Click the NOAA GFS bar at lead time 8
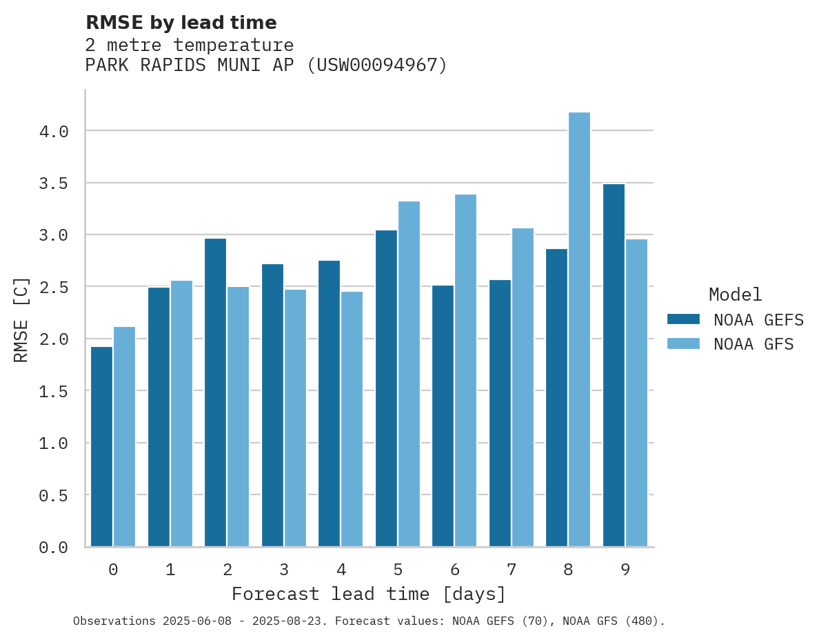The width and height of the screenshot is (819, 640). click(579, 330)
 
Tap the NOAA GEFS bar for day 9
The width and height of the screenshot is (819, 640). click(614, 366)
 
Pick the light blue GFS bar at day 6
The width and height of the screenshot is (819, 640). click(465, 370)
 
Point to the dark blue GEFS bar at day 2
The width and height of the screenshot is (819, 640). click(215, 392)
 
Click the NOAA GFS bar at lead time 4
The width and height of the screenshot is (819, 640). click(352, 419)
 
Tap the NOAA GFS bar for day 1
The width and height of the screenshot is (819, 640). click(181, 414)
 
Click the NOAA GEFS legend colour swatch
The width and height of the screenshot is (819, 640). click(683, 319)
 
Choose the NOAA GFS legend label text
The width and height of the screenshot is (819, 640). click(754, 344)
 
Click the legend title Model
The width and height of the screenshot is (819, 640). click(735, 295)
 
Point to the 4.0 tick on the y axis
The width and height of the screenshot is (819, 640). click(54, 131)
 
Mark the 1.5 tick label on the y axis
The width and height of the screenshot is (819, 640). click(54, 391)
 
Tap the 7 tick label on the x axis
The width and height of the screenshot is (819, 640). click(511, 570)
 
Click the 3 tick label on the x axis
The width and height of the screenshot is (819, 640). click(283, 570)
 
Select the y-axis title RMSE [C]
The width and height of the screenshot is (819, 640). click(21, 319)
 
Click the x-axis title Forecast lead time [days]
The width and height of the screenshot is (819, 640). click(369, 594)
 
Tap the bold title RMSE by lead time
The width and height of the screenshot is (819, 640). click(181, 23)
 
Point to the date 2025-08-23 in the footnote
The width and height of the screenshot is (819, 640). click(290, 621)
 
